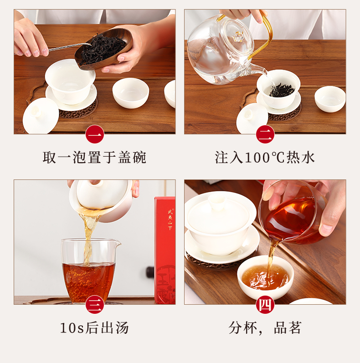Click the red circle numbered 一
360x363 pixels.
pos(95,134)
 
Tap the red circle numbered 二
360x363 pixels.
pos(265,134)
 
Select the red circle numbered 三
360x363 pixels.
pos(95,305)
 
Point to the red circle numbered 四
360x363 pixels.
pos(265,305)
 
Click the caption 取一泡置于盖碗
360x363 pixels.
pos(94,158)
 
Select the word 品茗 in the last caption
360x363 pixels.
pos(288,328)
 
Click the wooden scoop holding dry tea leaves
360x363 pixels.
pos(103,49)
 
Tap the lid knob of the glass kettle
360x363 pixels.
pos(238,36)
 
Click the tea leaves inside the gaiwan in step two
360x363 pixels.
pos(282,90)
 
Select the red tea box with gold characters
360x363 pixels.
pos(165,250)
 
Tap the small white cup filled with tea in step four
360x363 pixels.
pos(265,277)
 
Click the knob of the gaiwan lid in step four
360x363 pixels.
pos(216,201)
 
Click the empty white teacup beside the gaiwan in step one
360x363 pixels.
pos(131,93)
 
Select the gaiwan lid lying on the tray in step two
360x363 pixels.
pos(252,118)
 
